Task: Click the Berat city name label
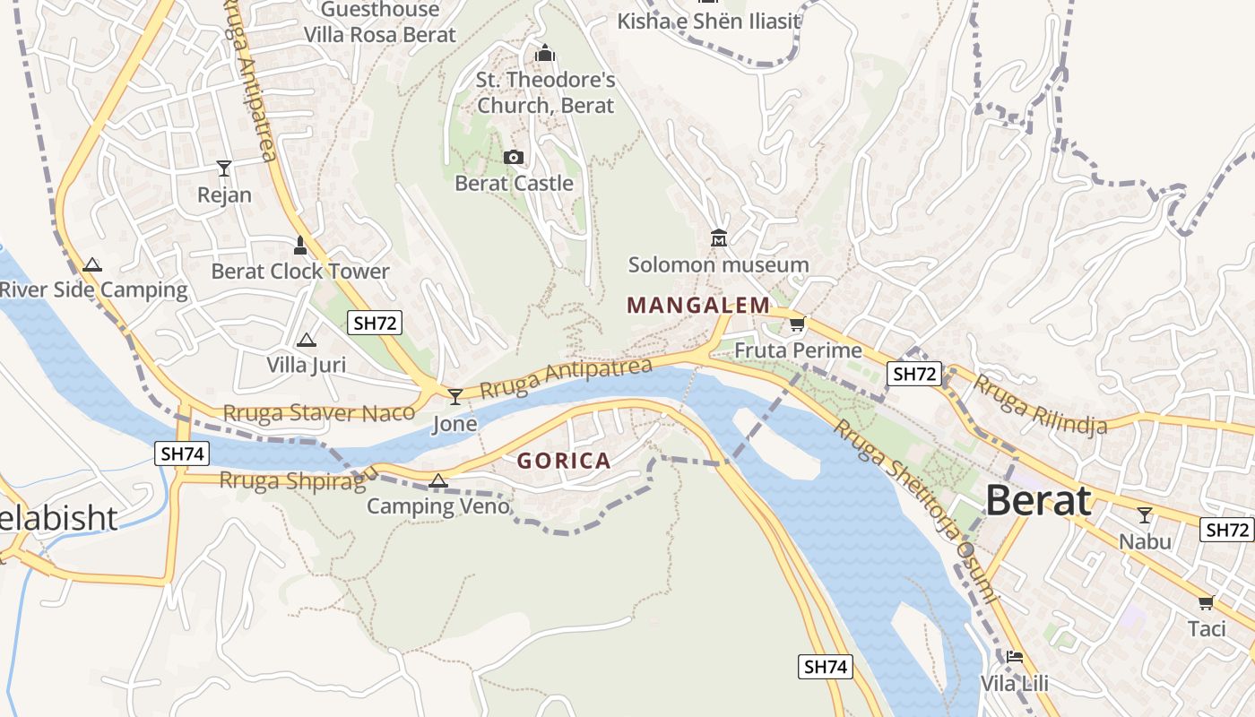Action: tap(1039, 501)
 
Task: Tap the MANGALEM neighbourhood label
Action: tap(698, 306)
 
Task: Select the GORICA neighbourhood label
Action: tap(564, 462)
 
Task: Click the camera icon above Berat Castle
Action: tap(514, 158)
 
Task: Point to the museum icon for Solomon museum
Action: tap(718, 238)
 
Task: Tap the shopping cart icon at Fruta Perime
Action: tap(797, 324)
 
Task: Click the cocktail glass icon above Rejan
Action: tap(224, 168)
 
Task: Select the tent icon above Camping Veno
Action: tap(437, 480)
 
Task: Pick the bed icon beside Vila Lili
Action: tap(1014, 657)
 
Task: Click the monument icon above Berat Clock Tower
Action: tap(300, 245)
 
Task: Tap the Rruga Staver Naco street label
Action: tap(318, 413)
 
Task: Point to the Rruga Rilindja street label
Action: tap(1040, 404)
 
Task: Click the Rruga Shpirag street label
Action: tap(293, 480)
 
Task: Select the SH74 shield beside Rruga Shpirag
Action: tap(183, 454)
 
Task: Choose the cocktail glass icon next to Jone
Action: tap(455, 396)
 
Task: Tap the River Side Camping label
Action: tap(93, 290)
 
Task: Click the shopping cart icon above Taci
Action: tap(1206, 602)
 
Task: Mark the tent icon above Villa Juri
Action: tap(307, 340)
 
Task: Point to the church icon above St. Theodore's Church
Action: tap(545, 54)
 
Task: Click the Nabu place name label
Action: tap(1145, 541)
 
